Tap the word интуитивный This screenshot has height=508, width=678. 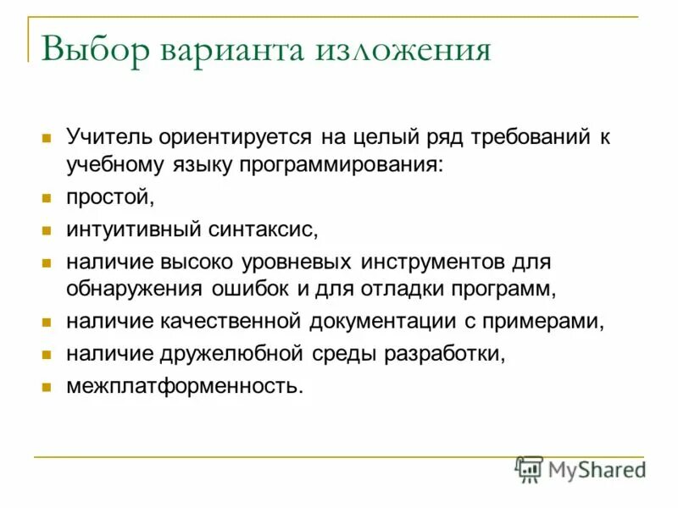tap(133, 229)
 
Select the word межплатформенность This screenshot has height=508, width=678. tap(184, 386)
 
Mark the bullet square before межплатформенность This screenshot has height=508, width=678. tap(47, 387)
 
